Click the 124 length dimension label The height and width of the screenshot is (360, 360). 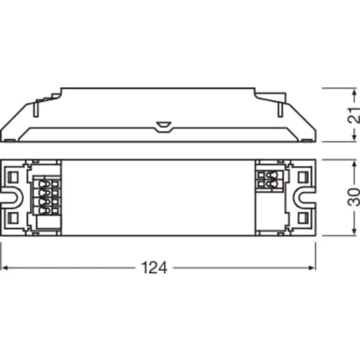click(154, 268)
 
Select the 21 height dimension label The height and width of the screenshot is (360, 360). click(353, 115)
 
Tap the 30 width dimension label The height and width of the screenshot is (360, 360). click(353, 197)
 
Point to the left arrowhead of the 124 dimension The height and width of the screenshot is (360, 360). click(5, 268)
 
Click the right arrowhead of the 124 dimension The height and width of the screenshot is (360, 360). click(312, 268)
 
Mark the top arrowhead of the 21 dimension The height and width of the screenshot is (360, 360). click(355, 92)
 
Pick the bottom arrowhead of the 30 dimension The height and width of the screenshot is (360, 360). click(355, 232)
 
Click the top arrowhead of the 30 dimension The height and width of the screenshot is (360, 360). click(355, 165)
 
